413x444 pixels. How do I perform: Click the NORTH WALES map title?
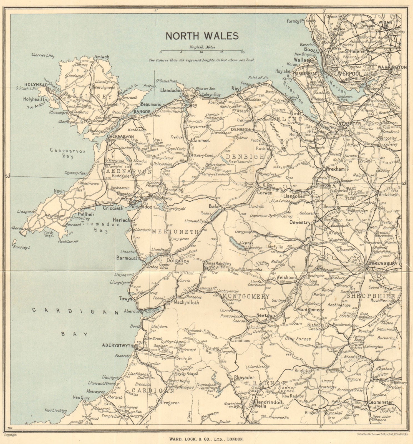[202, 36]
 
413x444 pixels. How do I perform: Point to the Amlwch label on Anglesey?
[102, 57]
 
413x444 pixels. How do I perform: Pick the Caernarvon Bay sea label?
[64, 153]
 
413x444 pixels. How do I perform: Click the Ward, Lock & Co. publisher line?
[206, 439]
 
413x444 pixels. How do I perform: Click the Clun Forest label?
[298, 339]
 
